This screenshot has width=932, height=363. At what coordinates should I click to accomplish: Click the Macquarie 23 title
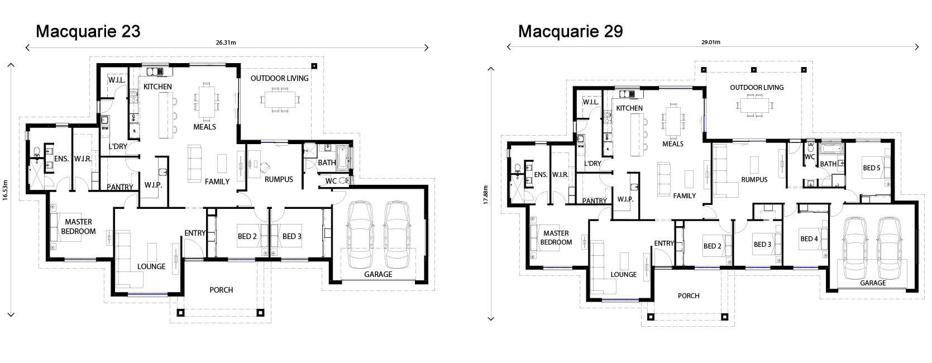[x=88, y=31]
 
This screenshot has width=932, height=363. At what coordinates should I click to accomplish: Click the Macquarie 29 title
[x=570, y=31]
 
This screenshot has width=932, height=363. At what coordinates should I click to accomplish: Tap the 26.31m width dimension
[x=227, y=42]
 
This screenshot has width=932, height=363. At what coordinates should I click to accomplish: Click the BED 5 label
[x=872, y=168]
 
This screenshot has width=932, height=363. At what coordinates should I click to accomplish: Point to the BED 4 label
[x=809, y=239]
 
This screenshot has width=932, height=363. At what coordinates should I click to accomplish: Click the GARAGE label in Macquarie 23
[x=378, y=274]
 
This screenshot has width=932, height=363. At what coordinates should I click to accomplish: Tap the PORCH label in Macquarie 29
[x=689, y=296]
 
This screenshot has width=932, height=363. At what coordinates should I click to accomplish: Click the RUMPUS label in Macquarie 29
[x=754, y=180]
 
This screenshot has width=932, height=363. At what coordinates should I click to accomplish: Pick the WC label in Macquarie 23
[x=331, y=181]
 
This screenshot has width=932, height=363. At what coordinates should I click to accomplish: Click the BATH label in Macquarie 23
[x=327, y=163]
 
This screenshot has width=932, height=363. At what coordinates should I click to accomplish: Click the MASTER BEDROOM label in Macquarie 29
[x=556, y=238]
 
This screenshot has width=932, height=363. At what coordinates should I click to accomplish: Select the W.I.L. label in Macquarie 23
[x=117, y=80]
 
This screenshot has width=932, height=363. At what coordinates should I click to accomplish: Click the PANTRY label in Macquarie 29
[x=594, y=201]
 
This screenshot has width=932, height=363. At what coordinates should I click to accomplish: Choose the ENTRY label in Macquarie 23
[x=195, y=233]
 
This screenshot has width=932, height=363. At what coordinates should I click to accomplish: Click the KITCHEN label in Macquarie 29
[x=629, y=108]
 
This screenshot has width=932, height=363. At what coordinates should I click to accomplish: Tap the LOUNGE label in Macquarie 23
[x=151, y=266]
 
